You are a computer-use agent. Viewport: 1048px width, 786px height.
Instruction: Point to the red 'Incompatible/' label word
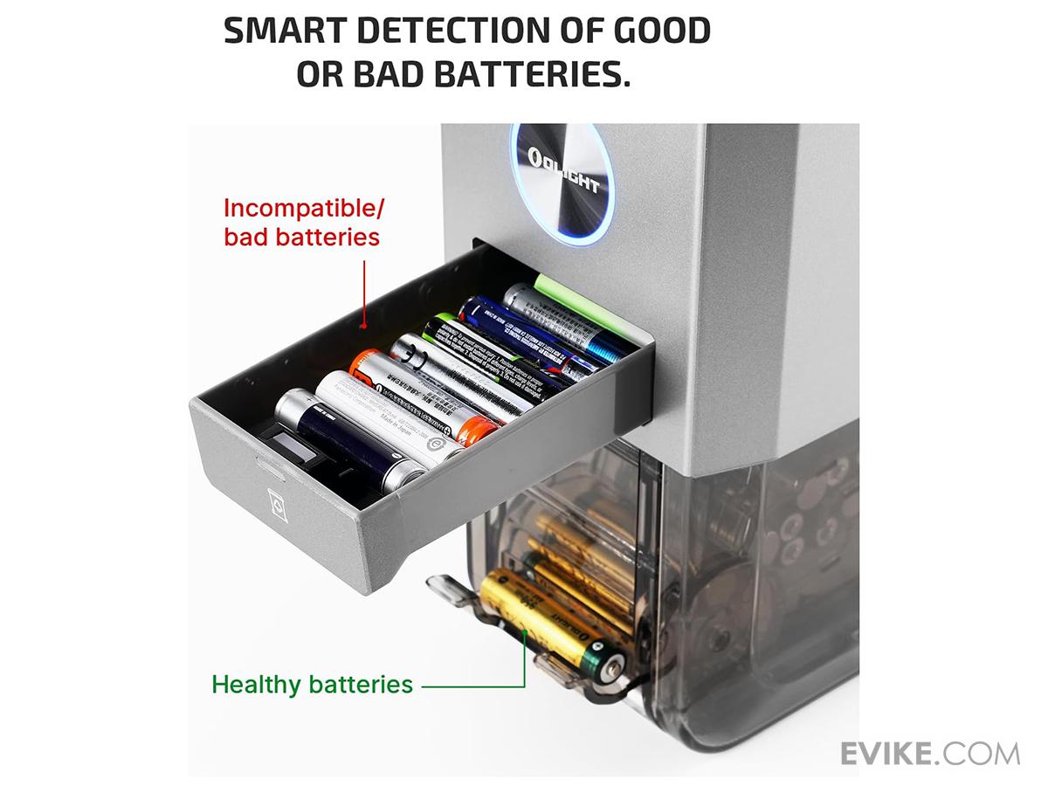304,209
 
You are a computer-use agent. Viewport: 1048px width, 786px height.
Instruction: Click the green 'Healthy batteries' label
312,684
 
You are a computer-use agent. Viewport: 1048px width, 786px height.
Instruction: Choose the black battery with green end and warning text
489,354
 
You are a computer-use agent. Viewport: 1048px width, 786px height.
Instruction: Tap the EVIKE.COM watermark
929,753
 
